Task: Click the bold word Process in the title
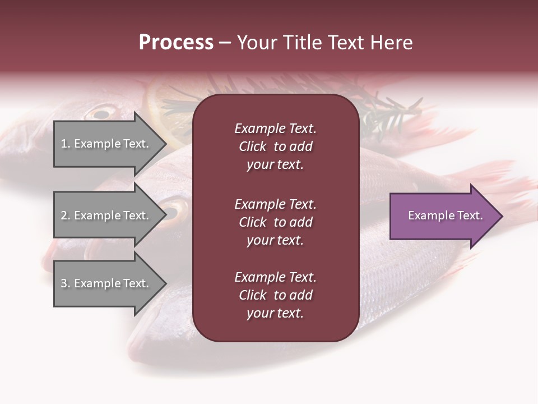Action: (176, 43)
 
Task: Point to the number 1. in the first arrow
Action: (66, 144)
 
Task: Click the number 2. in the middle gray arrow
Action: (66, 215)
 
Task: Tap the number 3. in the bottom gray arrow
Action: (66, 283)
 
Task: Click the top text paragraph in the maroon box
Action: (275, 146)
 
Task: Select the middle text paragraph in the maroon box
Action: (275, 222)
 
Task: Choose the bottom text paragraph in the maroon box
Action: (275, 295)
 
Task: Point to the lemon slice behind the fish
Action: (163, 107)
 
